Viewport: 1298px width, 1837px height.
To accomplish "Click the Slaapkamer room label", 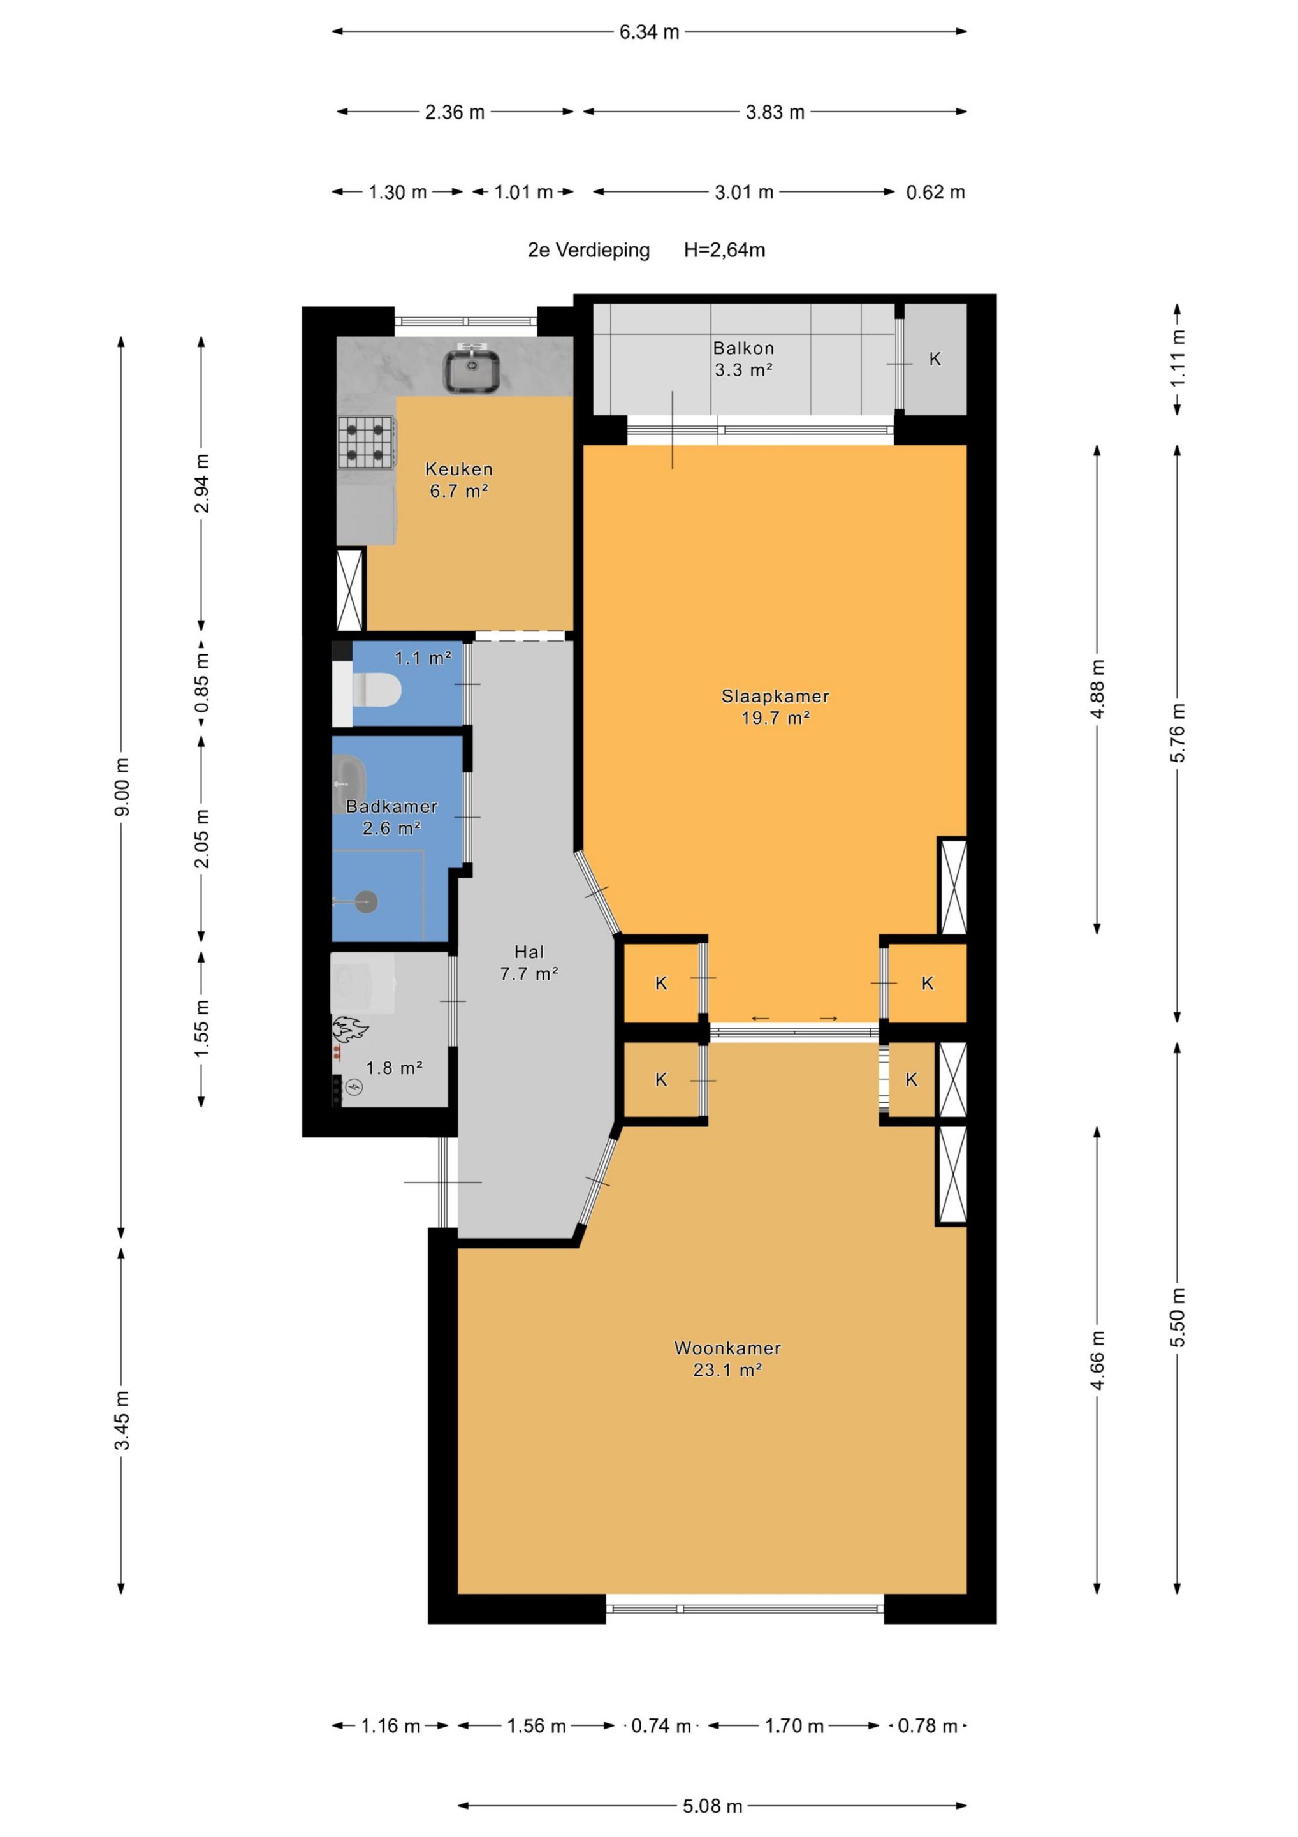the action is pyautogui.click(x=775, y=696).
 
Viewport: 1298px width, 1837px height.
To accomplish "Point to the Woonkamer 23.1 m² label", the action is pyautogui.click(x=727, y=1359).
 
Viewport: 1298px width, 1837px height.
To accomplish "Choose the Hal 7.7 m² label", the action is pyautogui.click(x=529, y=963).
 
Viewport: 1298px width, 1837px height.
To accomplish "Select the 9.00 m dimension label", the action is pyautogui.click(x=122, y=787).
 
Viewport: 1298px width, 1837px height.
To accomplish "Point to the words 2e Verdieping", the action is pyautogui.click(x=588, y=249).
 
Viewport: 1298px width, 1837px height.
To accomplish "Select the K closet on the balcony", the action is pyautogui.click(x=935, y=359).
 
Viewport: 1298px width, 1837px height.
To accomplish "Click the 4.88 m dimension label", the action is pyautogui.click(x=1097, y=689).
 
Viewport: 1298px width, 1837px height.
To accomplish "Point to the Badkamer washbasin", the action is pyautogui.click(x=349, y=783).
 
